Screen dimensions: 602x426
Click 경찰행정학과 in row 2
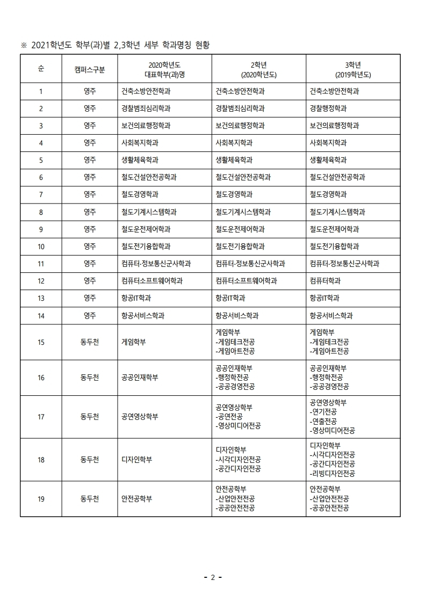point(328,108)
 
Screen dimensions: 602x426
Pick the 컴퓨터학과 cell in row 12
point(325,281)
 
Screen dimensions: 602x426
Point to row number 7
point(41,194)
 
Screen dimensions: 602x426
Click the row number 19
point(41,499)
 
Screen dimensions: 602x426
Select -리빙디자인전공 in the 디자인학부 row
point(332,474)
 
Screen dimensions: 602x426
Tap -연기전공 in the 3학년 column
point(323,412)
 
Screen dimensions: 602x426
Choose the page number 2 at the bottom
point(213,578)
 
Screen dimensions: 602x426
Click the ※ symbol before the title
point(24,45)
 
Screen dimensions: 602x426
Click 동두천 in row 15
point(90,342)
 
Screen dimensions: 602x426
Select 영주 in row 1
point(90,91)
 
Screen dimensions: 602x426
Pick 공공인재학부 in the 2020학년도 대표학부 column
point(140,378)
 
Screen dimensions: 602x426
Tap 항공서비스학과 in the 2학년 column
point(237,316)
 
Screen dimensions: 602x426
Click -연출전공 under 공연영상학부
point(323,421)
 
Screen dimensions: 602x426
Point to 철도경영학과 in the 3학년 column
point(328,194)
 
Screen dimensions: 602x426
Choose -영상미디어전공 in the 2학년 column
point(238,426)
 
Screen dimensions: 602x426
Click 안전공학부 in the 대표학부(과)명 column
point(137,499)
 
